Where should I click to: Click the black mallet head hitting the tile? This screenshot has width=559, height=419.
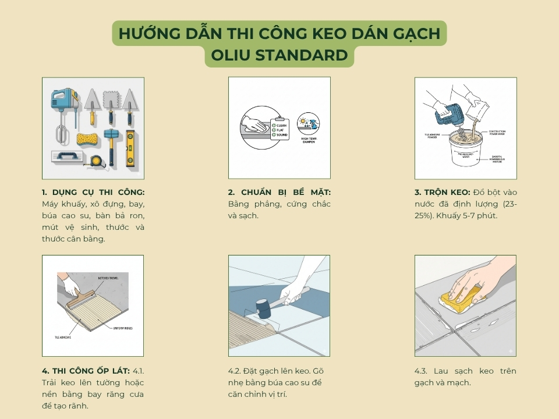pyautogui.click(x=263, y=309)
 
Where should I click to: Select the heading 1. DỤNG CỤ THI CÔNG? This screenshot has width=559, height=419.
pyautogui.click(x=93, y=192)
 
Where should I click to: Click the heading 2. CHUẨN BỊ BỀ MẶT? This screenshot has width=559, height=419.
pyautogui.click(x=279, y=192)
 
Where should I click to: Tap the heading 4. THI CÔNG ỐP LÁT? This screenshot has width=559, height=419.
pyautogui.click(x=86, y=371)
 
